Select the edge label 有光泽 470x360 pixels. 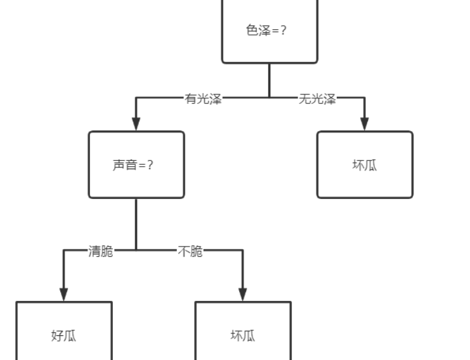(x=203, y=99)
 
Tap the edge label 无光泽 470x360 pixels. (x=317, y=99)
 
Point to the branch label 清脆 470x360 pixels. (x=101, y=252)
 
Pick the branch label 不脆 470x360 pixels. (x=190, y=252)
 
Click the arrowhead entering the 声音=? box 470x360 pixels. (x=136, y=124)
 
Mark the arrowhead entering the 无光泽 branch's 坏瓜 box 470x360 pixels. (x=365, y=124)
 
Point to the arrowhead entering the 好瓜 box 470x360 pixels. (x=63, y=294)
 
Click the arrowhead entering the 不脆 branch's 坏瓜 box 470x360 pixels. (x=243, y=294)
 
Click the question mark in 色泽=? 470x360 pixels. (x=283, y=30)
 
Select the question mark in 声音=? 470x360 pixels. (x=150, y=165)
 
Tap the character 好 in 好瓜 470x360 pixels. (x=56, y=335)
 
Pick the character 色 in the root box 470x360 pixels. (x=252, y=30)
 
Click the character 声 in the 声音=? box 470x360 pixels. (x=119, y=165)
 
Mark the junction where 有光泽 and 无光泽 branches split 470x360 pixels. (x=269, y=98)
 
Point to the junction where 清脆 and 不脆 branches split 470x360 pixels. (x=136, y=250)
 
